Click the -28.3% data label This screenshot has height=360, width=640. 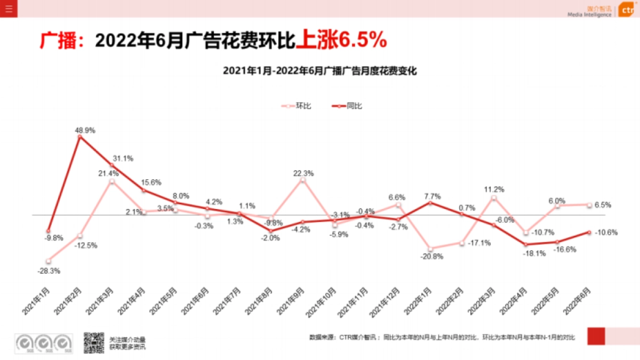click(49, 271)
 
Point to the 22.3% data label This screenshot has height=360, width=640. click(303, 173)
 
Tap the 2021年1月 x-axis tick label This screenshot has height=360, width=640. click(37, 301)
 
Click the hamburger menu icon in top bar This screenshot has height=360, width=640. click(9, 9)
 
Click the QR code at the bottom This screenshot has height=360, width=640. click(93, 342)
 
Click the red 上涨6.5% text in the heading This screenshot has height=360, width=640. click(341, 41)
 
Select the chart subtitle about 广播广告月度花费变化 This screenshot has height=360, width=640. click(319, 70)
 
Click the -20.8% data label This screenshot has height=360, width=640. click(431, 256)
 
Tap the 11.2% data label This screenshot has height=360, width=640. click(494, 189)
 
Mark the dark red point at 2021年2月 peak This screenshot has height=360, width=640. click(80, 137)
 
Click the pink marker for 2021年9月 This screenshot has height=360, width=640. click(303, 180)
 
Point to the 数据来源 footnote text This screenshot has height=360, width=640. click(442, 337)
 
